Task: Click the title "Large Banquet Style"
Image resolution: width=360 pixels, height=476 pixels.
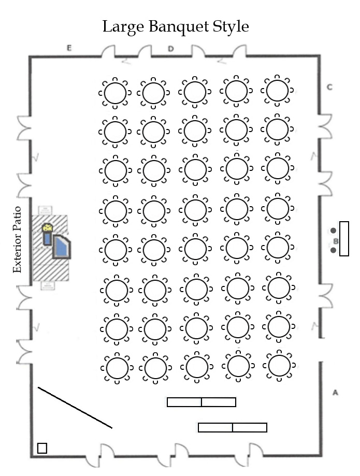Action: click(176, 26)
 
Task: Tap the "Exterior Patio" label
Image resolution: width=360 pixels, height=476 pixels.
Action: click(18, 239)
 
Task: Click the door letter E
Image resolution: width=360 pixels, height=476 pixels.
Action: click(68, 48)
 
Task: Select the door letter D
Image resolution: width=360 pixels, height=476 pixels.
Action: click(170, 49)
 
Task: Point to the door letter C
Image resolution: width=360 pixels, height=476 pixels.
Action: click(329, 87)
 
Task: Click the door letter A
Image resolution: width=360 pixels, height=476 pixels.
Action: click(335, 393)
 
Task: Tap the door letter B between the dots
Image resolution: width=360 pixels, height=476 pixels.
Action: click(335, 241)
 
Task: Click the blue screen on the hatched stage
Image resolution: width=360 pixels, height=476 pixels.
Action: click(62, 247)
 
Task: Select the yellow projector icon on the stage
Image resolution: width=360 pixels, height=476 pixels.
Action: click(48, 227)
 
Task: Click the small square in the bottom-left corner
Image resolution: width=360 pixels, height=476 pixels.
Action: click(42, 448)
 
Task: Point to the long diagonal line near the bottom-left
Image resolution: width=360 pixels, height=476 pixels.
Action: click(75, 408)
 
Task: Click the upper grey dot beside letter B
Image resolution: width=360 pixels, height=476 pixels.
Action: click(333, 230)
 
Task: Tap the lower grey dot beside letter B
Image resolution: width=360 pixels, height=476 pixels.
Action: click(333, 250)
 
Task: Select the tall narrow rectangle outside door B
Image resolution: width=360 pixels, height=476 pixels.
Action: click(344, 239)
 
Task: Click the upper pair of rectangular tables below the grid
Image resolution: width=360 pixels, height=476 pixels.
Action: click(201, 402)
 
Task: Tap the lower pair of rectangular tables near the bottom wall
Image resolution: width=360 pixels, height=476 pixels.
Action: click(233, 427)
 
